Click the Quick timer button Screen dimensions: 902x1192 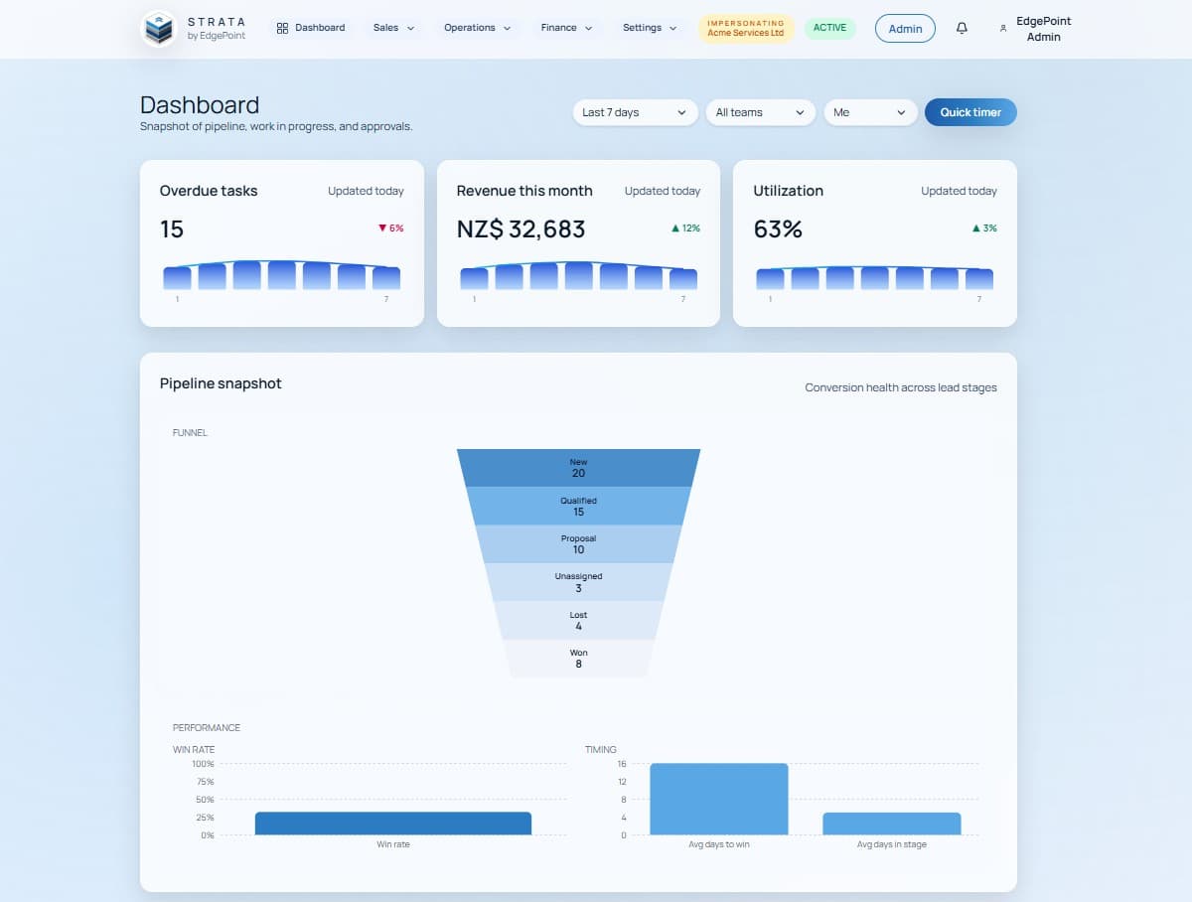coord(970,112)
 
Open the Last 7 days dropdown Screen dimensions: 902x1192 coord(635,112)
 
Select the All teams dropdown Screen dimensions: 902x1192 coord(760,112)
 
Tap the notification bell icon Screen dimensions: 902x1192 coord(962,29)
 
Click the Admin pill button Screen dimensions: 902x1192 coord(905,29)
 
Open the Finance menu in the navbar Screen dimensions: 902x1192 coord(566,28)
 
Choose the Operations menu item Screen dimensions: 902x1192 coord(478,28)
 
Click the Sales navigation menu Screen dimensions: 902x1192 coord(394,28)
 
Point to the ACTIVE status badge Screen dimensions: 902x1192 coord(829,28)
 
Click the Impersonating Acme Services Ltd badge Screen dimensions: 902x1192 coord(746,28)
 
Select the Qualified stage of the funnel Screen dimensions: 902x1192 coord(578,506)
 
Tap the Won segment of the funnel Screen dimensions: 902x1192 coord(578,659)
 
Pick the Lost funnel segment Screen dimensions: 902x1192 coord(578,621)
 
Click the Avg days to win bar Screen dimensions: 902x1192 coord(719,800)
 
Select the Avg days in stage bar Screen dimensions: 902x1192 coord(892,824)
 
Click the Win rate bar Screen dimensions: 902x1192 coord(393,824)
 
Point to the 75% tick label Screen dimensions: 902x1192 coord(204,782)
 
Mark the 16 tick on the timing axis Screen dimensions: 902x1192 coord(622,764)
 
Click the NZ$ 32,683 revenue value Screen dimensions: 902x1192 coord(521,229)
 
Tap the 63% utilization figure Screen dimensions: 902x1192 coord(778,229)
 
